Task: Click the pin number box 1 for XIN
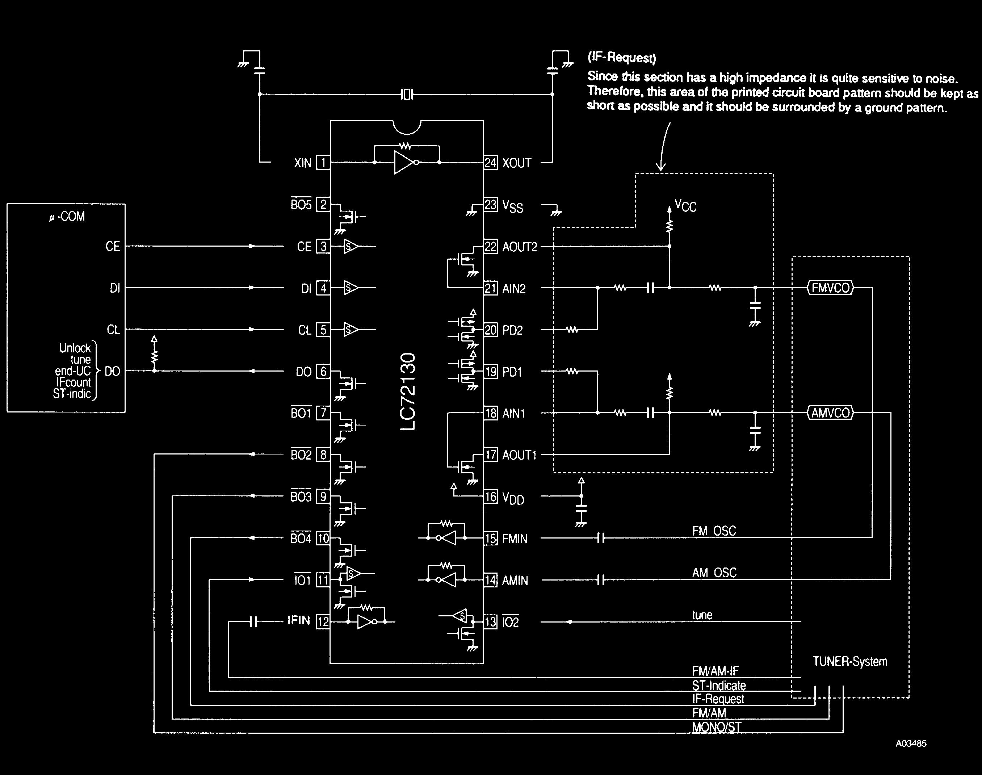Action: coord(323,163)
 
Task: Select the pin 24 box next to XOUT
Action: coord(490,163)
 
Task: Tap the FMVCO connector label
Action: coord(831,288)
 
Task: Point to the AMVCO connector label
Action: coord(831,413)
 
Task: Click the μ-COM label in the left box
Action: coord(67,217)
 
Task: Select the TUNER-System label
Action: coord(849,662)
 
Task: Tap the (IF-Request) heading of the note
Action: coord(621,58)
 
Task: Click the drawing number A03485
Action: coord(911,743)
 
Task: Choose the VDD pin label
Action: coord(513,498)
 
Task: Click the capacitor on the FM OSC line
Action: coord(601,538)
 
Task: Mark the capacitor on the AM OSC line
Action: coord(601,580)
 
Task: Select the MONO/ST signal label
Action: coord(716,727)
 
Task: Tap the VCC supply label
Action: coord(685,206)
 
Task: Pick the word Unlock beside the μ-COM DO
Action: coord(75,348)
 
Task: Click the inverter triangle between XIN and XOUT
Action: coord(404,163)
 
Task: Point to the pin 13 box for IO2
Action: coord(490,622)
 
